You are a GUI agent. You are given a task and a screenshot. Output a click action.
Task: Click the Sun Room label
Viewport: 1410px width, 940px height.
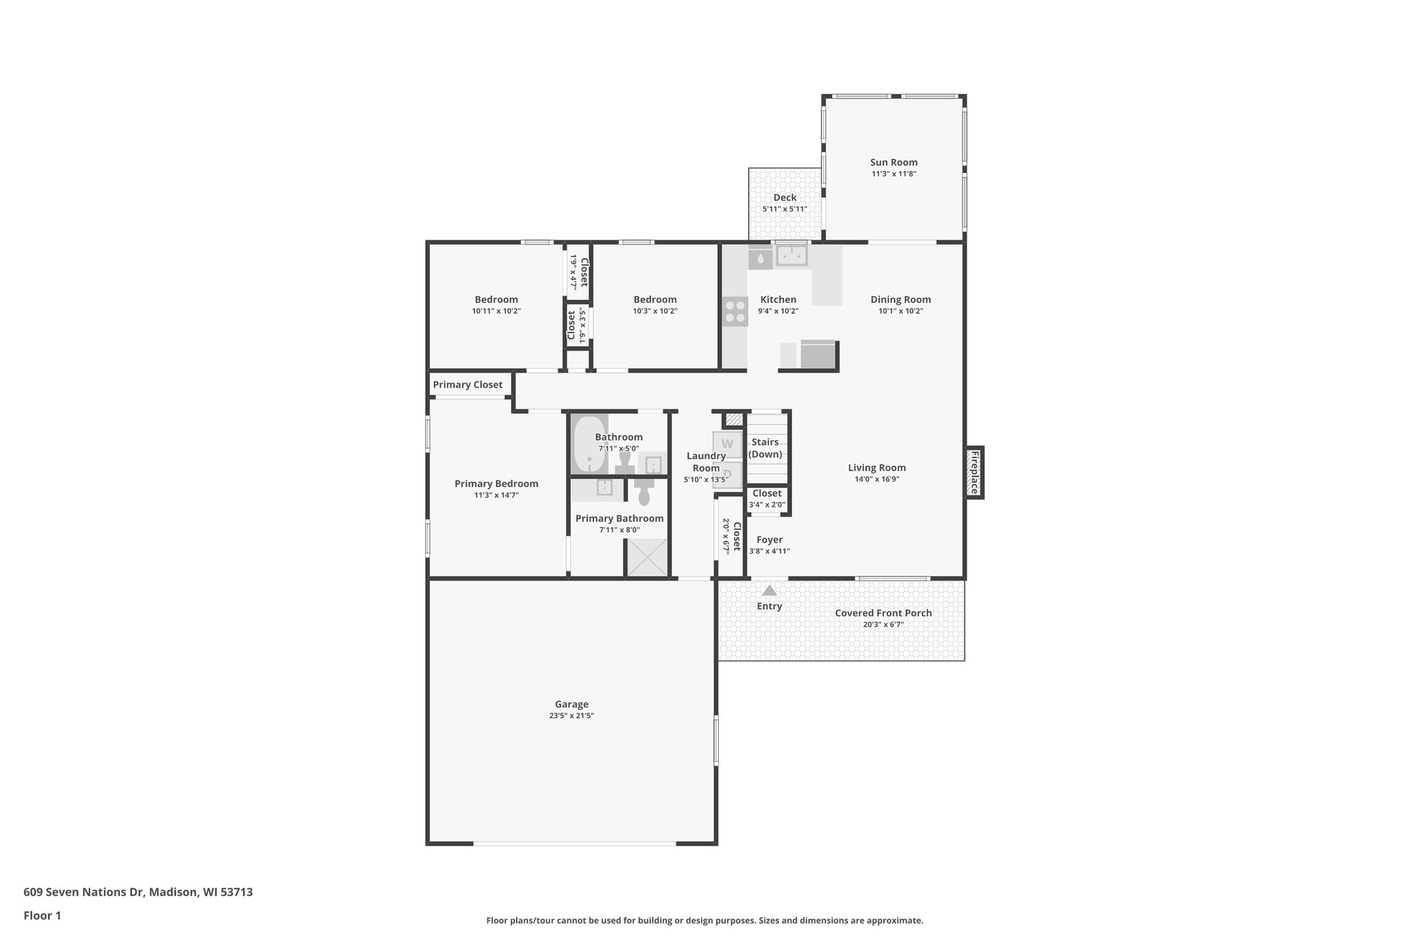(894, 163)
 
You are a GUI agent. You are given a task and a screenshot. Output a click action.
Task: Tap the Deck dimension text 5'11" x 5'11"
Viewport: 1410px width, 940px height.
(784, 209)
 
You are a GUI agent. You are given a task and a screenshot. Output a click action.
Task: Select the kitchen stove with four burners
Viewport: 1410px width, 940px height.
(735, 311)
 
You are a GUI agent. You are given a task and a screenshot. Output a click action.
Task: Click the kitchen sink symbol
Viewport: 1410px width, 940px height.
(792, 255)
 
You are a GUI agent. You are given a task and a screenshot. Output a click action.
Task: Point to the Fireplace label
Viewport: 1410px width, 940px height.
(974, 472)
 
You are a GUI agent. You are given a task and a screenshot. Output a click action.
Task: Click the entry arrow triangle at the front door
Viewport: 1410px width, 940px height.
(769, 591)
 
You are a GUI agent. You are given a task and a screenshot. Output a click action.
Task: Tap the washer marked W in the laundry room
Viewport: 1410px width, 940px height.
(727, 443)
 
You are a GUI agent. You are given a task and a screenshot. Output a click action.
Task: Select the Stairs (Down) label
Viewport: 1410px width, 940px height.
(765, 448)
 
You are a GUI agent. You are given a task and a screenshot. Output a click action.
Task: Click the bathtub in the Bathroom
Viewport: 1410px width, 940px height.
(589, 444)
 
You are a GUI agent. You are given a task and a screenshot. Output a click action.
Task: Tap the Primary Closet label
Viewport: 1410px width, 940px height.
(467, 385)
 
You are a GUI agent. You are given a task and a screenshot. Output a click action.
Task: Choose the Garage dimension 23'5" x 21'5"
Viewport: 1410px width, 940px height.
(571, 716)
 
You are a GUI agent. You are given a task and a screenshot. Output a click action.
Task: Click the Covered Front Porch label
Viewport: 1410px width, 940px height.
(883, 613)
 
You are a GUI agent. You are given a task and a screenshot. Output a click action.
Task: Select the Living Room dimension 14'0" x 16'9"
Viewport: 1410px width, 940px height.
(876, 479)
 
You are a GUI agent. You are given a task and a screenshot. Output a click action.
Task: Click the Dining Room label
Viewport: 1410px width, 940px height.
(901, 300)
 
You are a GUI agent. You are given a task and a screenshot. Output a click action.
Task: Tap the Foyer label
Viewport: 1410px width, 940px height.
(769, 540)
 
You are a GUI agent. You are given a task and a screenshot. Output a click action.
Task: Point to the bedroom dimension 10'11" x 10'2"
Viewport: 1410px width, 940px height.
(496, 311)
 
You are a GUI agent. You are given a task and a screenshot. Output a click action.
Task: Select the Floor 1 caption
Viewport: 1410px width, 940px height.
(42, 915)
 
